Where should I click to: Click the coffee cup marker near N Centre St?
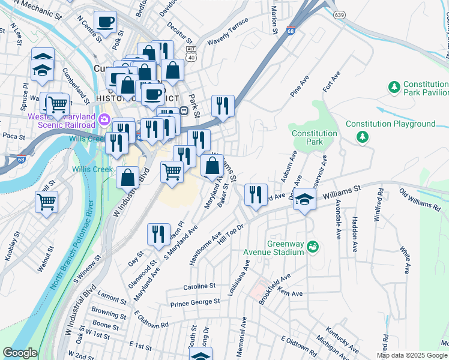pyautogui.click(x=106, y=23)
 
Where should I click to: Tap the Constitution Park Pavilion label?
pyautogui.click(x=426, y=89)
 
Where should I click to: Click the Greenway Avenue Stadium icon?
pyautogui.click(x=312, y=247)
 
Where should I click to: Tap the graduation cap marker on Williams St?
pyautogui.click(x=305, y=200)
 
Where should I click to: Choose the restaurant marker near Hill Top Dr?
pyautogui.click(x=256, y=194)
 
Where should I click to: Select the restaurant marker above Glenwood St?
pyautogui.click(x=158, y=235)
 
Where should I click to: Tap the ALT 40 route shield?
pyautogui.click(x=191, y=53)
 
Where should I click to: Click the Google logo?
pyautogui.click(x=20, y=353)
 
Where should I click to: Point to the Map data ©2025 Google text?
pyautogui.click(x=412, y=355)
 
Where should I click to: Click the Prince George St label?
pyautogui.click(x=195, y=303)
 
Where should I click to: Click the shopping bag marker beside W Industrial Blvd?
pyautogui.click(x=127, y=178)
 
